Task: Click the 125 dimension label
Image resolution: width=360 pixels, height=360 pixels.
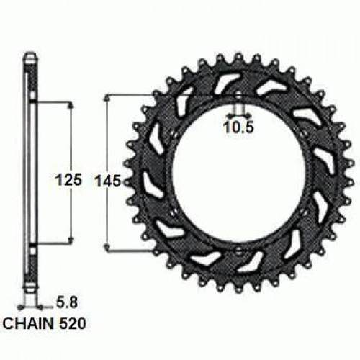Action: pyautogui.click(x=68, y=180)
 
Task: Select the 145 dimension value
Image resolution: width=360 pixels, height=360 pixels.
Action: pyautogui.click(x=108, y=181)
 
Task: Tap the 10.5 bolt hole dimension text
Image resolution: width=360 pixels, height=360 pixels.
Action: pyautogui.click(x=238, y=127)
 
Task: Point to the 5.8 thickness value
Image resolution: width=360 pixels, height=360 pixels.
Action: pyautogui.click(x=67, y=302)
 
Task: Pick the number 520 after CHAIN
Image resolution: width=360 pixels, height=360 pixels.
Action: pyautogui.click(x=73, y=323)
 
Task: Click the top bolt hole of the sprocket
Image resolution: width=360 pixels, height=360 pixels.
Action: pyautogui.click(x=238, y=95)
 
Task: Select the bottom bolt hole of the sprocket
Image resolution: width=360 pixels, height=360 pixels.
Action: pyautogui.click(x=238, y=251)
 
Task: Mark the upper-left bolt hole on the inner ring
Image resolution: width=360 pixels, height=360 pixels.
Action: pyautogui.click(x=174, y=135)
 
